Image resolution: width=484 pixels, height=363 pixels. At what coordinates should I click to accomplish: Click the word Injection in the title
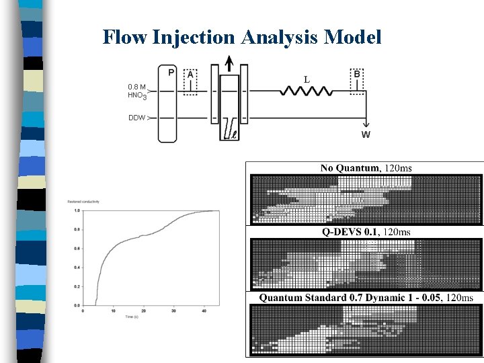click(x=194, y=37)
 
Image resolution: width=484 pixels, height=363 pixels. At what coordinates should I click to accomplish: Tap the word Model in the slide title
click(x=352, y=37)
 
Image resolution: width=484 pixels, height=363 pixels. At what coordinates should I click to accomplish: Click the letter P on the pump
click(x=171, y=73)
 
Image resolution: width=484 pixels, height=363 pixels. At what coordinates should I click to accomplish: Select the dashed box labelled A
click(x=190, y=81)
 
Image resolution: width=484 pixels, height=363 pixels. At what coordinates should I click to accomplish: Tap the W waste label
click(x=366, y=134)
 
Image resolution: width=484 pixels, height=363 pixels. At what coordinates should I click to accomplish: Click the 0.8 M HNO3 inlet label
click(x=136, y=91)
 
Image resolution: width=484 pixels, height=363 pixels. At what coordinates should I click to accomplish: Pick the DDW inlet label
click(x=136, y=118)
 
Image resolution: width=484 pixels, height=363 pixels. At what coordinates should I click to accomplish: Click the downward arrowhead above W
click(x=366, y=123)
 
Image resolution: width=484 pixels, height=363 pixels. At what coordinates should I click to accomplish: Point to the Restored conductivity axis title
click(x=83, y=202)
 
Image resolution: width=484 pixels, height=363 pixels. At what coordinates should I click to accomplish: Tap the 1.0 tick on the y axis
click(x=77, y=210)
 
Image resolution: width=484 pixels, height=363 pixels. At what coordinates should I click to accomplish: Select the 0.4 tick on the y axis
click(x=77, y=268)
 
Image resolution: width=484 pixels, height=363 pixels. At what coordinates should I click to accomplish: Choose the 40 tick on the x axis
click(x=204, y=311)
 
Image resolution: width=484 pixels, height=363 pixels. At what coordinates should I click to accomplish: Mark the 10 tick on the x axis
click(x=113, y=311)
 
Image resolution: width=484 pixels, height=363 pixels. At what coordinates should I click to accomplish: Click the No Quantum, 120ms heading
click(x=366, y=167)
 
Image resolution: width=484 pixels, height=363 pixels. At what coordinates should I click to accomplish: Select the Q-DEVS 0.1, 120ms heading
click(x=366, y=232)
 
